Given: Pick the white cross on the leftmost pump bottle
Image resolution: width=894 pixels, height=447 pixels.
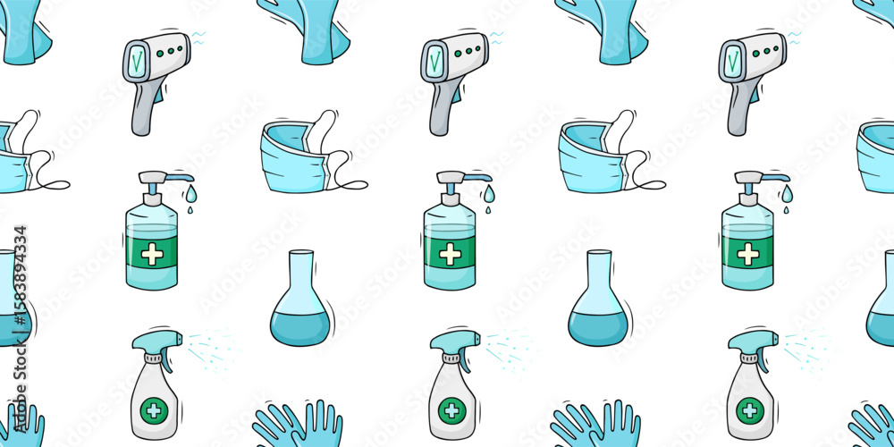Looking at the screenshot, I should [152, 254].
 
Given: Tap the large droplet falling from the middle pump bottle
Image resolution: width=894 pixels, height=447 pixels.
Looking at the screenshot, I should [487, 194].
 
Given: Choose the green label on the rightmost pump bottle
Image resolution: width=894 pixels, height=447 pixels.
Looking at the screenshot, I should [747, 250].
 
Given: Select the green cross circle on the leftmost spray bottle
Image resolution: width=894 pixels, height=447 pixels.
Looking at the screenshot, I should [154, 410].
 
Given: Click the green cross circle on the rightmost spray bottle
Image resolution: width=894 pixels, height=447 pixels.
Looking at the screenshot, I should [749, 410].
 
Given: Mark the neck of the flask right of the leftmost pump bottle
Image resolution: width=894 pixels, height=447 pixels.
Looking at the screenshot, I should [300, 273].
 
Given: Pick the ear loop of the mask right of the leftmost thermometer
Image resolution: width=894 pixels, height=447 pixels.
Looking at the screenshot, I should [349, 183].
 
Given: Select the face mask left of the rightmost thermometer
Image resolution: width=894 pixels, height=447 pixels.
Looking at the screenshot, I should [595, 156].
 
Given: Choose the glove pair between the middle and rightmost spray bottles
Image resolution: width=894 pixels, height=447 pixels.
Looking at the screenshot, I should [596, 426].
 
